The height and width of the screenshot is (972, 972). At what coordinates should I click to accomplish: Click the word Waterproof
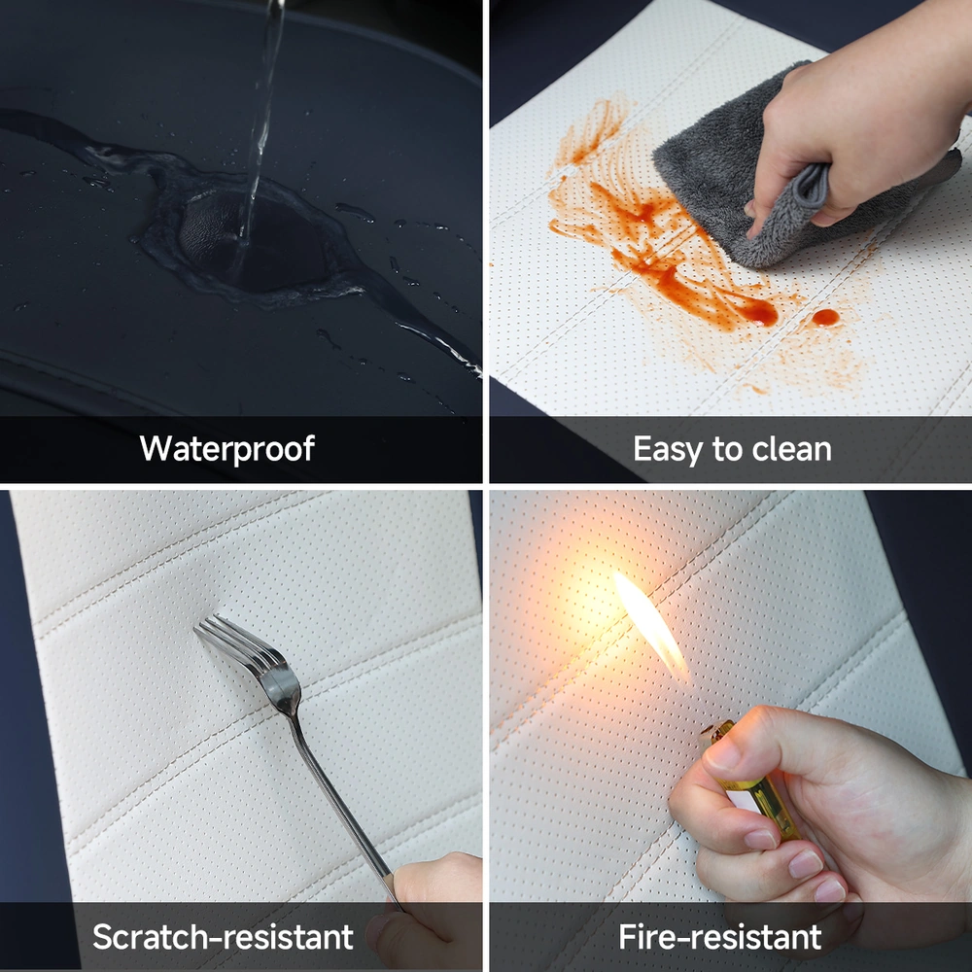[x=226, y=449]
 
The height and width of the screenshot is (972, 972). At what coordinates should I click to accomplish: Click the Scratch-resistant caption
[x=224, y=936]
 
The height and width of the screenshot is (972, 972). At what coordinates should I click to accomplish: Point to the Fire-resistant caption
[x=719, y=936]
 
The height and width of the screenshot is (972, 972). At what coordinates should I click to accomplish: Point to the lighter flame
[x=651, y=625]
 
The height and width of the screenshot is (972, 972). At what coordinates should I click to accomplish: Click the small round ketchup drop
[x=825, y=318]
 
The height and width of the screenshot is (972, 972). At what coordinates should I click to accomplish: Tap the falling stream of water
[x=260, y=124]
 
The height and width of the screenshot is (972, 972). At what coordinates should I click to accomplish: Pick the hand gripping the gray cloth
[x=861, y=118]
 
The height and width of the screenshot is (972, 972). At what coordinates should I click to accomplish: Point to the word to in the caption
[x=723, y=450]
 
